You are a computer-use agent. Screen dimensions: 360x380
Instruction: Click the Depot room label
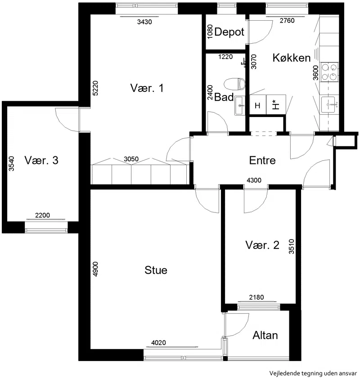pos(229,32)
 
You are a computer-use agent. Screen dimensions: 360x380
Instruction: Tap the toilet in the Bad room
pos(235,84)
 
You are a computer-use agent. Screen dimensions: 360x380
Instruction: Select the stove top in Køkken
pos(329,72)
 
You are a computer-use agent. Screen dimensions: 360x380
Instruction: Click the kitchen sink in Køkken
pos(329,104)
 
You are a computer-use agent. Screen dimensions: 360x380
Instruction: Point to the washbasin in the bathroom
pos(240,105)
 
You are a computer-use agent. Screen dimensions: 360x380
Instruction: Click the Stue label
pos(156,270)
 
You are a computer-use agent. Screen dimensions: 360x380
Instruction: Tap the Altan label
pos(265,335)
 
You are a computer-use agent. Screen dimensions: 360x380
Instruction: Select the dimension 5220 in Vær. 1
pos(95,88)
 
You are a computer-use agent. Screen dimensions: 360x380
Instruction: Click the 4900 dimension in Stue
pos(95,269)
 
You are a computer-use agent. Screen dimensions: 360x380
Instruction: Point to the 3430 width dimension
pos(144,22)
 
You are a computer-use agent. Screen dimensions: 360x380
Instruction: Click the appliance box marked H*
pos(276,104)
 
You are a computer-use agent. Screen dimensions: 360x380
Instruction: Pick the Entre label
pos(262,160)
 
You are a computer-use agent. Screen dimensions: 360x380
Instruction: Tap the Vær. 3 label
pos(41,160)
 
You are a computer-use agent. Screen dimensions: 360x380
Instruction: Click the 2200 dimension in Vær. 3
pos(42,215)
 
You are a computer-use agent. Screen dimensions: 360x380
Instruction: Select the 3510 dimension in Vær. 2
pos(292,246)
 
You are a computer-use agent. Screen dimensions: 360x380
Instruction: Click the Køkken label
pos(292,58)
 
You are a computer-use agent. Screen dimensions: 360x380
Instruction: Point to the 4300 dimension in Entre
pos(254,180)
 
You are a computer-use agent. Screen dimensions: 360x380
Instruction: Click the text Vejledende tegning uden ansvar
pos(313,373)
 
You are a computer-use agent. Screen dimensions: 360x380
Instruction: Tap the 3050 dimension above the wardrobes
pos(131,159)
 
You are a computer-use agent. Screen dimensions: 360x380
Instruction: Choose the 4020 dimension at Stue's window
pos(158,343)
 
